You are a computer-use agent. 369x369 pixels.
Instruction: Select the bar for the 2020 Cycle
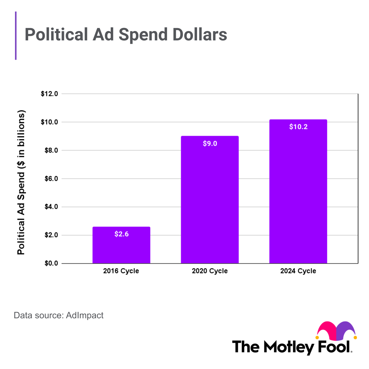210,202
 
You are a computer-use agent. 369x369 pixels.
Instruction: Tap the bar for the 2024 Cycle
298,195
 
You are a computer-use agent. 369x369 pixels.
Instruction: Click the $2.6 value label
121,234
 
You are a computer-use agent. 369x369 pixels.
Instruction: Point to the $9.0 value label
210,143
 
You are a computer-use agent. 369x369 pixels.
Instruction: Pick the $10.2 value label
298,127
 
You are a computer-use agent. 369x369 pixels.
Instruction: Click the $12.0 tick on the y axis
49,94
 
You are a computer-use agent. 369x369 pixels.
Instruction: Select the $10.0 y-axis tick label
49,122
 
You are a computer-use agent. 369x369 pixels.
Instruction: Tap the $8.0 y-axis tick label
51,150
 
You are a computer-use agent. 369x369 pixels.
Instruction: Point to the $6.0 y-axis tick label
51,179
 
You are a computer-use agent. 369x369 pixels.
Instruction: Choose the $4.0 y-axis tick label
51,207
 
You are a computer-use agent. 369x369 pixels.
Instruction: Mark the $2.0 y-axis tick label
51,235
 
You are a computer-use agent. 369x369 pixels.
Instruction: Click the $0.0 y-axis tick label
51,263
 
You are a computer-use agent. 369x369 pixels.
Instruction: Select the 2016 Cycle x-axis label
121,271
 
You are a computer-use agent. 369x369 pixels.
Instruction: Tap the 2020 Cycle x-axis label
210,271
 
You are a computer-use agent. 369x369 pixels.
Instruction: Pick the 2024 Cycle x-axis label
298,271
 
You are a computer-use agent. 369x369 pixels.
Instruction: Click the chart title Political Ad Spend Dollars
126,35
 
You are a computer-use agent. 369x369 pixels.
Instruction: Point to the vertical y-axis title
21,182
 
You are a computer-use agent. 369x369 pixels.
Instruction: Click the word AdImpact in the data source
85,315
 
